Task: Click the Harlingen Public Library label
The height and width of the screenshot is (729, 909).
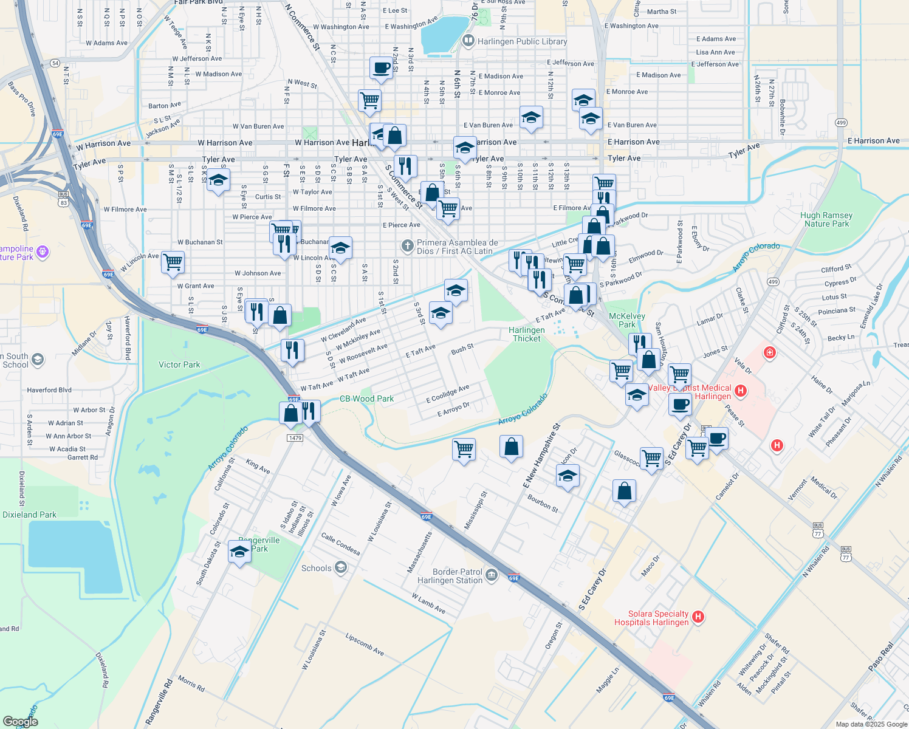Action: [522, 42]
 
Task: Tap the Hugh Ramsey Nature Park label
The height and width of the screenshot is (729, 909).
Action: [826, 219]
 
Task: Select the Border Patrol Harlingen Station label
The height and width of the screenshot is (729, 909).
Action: [450, 576]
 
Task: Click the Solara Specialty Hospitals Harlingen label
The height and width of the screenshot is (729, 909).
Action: [651, 618]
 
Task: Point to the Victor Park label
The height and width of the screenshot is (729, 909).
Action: [179, 364]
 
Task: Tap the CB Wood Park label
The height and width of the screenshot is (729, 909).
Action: [366, 399]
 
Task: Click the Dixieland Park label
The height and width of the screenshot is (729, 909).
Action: [29, 515]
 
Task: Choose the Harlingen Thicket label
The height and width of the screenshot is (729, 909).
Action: [527, 334]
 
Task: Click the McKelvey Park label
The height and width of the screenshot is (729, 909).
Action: [626, 320]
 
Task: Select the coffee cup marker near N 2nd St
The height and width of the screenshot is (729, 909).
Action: [381, 68]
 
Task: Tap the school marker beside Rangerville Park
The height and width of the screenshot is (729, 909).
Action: [239, 552]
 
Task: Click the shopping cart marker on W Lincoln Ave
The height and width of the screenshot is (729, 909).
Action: [173, 262]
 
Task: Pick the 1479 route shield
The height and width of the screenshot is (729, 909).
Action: [295, 438]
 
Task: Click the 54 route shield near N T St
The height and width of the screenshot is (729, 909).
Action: [55, 63]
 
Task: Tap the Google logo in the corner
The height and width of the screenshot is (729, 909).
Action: [20, 721]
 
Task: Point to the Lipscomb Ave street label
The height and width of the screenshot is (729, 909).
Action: [365, 645]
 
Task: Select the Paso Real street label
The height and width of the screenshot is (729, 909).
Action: [880, 657]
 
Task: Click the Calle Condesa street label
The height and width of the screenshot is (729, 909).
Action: [340, 544]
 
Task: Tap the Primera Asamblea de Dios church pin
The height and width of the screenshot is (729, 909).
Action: [407, 246]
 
